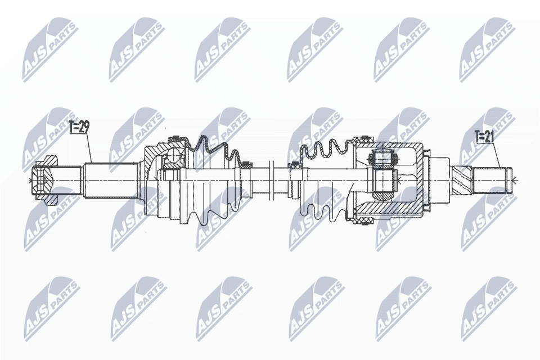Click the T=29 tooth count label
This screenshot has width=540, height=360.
[79, 127]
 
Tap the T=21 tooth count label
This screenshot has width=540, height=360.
[484, 137]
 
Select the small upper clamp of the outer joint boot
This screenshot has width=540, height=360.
[246, 165]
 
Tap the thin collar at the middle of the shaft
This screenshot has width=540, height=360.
[271, 179]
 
